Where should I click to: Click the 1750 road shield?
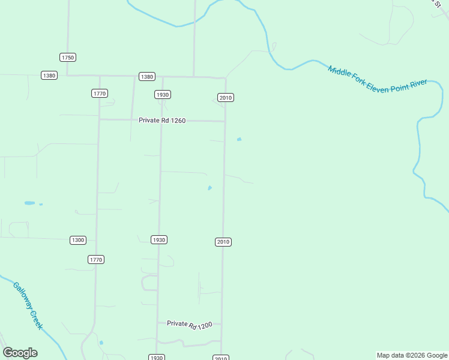(x=68, y=57)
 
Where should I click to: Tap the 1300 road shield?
(x=78, y=240)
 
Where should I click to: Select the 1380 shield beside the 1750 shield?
(x=49, y=75)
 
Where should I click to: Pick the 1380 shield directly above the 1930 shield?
(x=146, y=76)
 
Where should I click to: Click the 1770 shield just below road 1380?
(x=100, y=93)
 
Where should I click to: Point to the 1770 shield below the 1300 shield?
(x=96, y=259)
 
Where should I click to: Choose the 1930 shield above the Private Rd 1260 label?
(x=162, y=94)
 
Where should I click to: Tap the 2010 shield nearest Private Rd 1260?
(x=225, y=97)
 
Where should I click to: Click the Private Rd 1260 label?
(x=162, y=120)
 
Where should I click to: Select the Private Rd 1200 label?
(x=190, y=324)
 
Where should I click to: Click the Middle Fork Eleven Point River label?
(x=377, y=77)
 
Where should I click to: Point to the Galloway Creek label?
(x=28, y=305)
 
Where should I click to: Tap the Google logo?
(x=20, y=352)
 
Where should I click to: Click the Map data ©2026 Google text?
(x=412, y=355)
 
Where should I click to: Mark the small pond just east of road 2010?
(x=240, y=139)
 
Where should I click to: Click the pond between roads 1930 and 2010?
(x=209, y=188)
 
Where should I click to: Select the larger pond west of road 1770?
(x=29, y=203)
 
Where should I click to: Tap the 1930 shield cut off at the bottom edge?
(x=156, y=358)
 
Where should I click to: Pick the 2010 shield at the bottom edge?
(x=221, y=358)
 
